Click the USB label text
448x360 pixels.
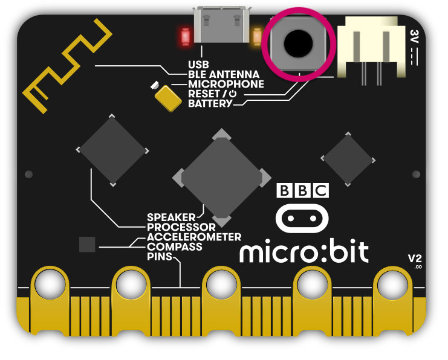pos(199,64)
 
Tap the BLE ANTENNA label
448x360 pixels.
pos(224,74)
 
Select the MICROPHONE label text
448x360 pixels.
pos(226,84)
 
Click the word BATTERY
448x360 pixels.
pos(210,104)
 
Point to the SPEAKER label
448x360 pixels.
pos(171,217)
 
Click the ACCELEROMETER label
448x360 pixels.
pos(193,237)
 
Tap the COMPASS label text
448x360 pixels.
pos(174,247)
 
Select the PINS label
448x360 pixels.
pos(160,257)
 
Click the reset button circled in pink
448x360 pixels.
pos(298,43)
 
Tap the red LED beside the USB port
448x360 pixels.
pos(184,37)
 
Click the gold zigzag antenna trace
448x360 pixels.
pos(66,66)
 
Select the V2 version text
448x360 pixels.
pos(415,259)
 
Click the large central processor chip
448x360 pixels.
pos(222,175)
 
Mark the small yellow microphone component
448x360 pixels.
pos(167,97)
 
